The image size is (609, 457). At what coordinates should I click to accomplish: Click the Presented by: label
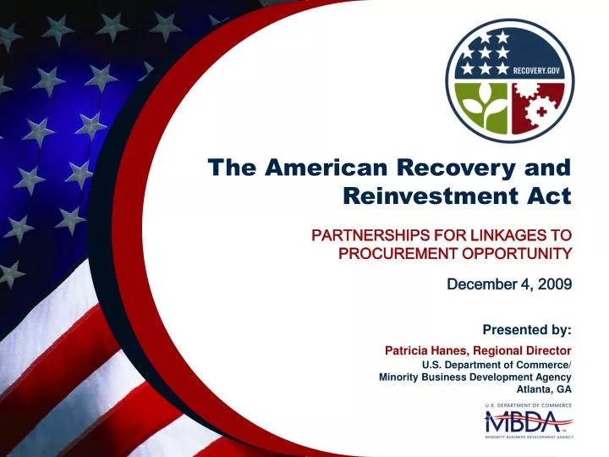point(526,328)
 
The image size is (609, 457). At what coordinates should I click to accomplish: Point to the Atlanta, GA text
point(549,389)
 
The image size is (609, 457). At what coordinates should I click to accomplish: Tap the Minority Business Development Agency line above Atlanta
point(475,377)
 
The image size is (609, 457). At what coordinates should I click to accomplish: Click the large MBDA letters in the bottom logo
point(526,421)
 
